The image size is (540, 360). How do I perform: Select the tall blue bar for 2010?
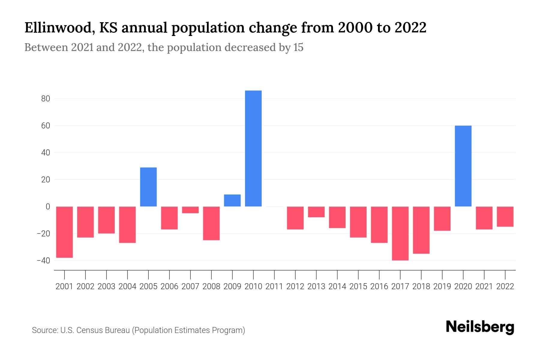coord(253,148)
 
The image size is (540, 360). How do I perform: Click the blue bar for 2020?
coord(463,166)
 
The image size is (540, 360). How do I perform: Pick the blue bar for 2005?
coord(148,187)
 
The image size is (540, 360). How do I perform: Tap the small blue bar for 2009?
coord(232,200)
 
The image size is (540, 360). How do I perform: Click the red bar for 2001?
coord(64,232)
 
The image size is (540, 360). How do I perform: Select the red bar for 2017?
coord(400,233)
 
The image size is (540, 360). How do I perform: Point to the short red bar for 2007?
coord(190,210)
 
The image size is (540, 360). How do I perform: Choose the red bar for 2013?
coord(316,212)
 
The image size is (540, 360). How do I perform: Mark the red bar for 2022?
coord(505,216)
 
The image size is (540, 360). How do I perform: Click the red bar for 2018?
coord(421,230)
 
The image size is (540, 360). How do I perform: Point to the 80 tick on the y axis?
coord(46,99)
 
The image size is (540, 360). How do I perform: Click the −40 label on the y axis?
coord(43,260)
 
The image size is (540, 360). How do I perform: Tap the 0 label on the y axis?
coord(48,207)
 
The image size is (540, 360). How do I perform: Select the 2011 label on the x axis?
coord(274,286)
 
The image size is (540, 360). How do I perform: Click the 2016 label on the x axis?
coord(379,286)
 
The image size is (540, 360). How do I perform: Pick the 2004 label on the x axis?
coord(127,286)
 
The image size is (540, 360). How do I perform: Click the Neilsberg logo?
coord(480,327)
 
